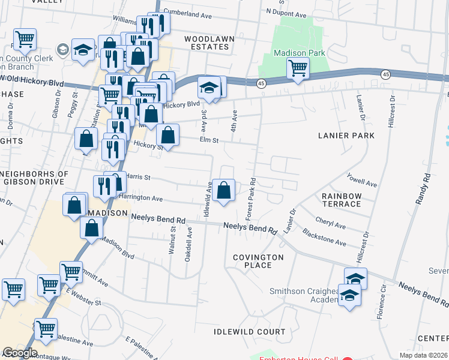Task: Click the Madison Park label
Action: point(300,53)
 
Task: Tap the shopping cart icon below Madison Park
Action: point(298,69)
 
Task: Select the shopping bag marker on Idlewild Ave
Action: point(223,191)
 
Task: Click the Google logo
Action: point(19,353)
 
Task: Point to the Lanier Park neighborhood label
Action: point(346,136)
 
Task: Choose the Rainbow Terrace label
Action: point(341,200)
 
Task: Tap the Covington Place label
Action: point(258,261)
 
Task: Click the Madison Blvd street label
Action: point(118,247)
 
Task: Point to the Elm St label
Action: point(208,140)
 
